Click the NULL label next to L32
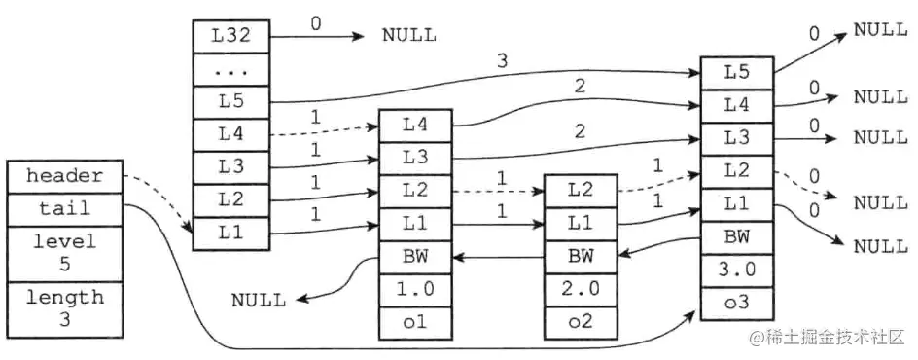pyautogui.click(x=408, y=37)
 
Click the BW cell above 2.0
pyautogui.click(x=580, y=257)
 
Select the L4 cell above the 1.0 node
pyautogui.click(x=415, y=125)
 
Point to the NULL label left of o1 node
pyautogui.click(x=259, y=300)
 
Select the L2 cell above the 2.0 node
pyautogui.click(x=580, y=192)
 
